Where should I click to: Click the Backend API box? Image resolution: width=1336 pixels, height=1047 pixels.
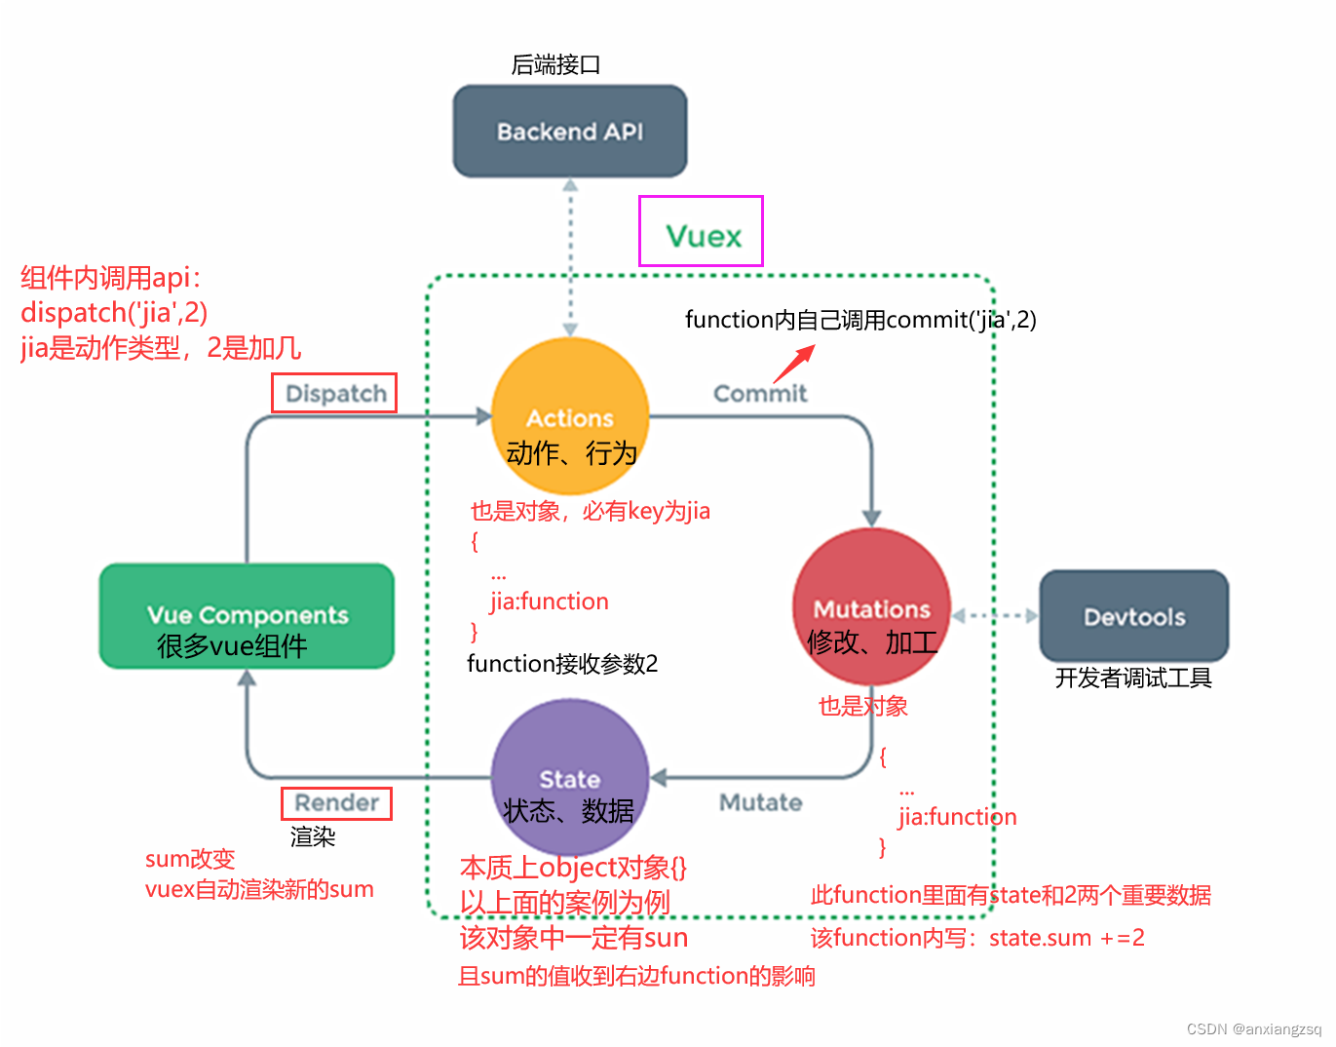570,132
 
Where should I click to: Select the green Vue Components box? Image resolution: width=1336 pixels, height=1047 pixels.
247,616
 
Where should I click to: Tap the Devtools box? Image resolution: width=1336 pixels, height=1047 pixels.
1133,616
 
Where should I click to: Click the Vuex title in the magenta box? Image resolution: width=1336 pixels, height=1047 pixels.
703,236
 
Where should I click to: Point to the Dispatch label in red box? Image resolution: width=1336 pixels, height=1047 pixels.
335,394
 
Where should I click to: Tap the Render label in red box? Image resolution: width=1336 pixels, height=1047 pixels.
336,803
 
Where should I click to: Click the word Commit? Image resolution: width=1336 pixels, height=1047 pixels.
760,394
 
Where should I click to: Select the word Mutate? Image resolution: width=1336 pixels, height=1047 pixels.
760,802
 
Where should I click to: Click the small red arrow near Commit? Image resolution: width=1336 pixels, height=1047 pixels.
793,365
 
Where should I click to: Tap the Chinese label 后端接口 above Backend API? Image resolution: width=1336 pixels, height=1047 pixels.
555,65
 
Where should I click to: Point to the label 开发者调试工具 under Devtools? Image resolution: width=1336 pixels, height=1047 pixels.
1132,679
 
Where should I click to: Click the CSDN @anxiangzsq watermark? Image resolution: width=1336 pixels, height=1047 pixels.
1253,1029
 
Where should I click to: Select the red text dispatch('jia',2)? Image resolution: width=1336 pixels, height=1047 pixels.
114,313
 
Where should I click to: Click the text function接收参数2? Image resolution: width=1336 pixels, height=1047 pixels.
562,664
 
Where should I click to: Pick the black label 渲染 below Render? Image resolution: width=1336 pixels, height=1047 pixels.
313,836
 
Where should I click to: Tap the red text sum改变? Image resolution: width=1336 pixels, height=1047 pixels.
190,859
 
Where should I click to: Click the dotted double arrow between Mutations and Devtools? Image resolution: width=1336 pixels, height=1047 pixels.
994,616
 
